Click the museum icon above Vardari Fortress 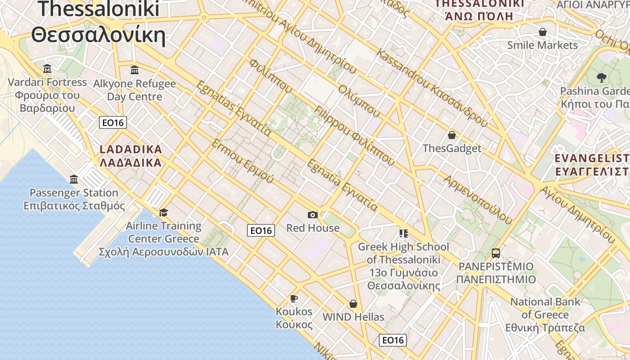(47, 69)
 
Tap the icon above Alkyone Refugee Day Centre (135, 70)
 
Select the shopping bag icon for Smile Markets (543, 32)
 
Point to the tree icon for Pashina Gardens (601, 78)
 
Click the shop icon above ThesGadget (452, 135)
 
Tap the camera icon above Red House (313, 215)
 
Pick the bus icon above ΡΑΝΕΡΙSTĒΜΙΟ (496, 253)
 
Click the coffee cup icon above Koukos (294, 298)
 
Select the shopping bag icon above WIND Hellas (353, 304)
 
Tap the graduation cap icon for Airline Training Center (163, 212)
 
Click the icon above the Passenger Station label (74, 180)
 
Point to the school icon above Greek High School (403, 233)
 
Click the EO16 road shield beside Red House (261, 230)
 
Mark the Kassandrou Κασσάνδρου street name (432, 88)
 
